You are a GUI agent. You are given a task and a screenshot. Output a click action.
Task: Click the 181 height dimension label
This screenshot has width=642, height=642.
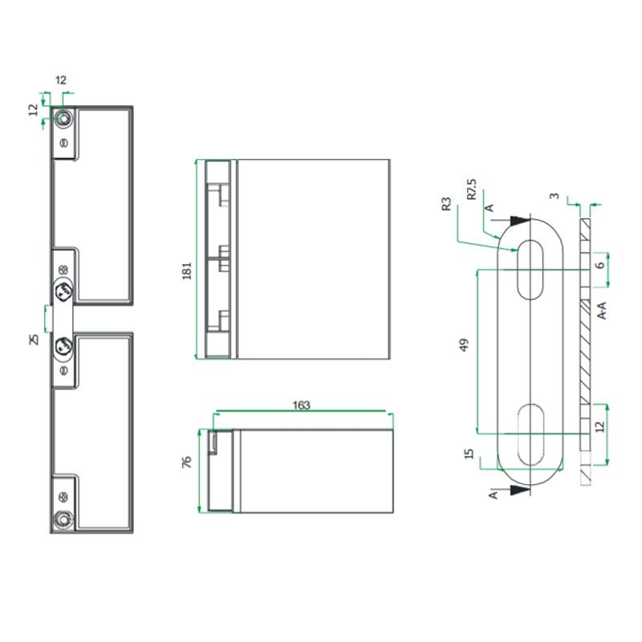point(187,270)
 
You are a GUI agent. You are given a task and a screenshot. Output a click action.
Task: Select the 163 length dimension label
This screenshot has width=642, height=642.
point(302,405)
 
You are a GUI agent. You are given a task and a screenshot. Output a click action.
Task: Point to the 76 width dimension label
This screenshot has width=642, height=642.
point(186,462)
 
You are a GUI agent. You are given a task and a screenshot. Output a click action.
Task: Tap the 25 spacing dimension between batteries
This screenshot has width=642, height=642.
point(35,339)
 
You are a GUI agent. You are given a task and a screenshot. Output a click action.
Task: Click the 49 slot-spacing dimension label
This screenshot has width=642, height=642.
point(464,345)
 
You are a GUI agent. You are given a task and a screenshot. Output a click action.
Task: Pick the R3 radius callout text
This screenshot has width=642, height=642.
point(446,204)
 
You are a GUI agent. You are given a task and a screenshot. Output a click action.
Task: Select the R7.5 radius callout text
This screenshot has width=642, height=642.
point(472,189)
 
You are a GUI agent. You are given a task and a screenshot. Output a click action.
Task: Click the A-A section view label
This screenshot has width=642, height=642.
point(601,311)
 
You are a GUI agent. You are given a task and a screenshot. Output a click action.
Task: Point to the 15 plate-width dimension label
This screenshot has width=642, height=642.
point(469,453)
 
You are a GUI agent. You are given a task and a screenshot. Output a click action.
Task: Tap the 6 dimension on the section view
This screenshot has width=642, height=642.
point(600,265)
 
